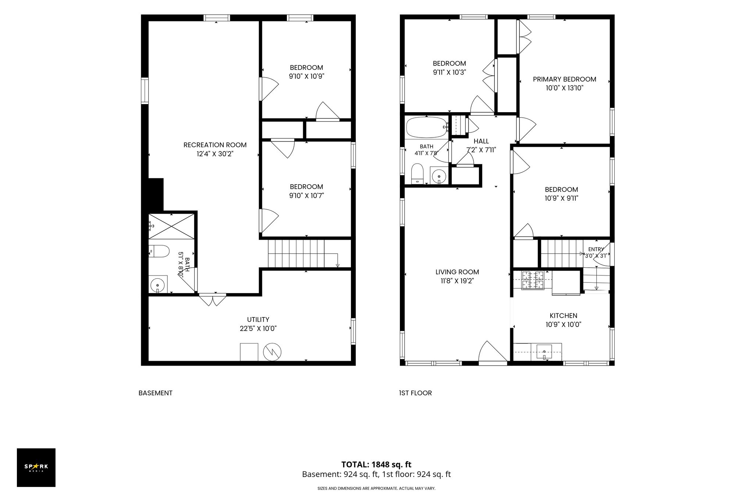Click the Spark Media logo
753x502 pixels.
[36, 467]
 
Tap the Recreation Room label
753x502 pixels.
[215, 145]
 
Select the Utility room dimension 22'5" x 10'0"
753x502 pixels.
[258, 328]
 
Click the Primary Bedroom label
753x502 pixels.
[564, 79]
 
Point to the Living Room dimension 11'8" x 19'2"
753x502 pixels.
[457, 281]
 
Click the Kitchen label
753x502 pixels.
[563, 316]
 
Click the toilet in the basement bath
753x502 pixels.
[159, 252]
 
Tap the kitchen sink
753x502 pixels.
[544, 352]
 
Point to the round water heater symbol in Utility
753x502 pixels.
[272, 352]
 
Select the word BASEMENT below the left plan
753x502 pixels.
[155, 393]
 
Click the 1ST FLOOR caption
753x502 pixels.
[415, 393]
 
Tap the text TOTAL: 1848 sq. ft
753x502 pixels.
[376, 464]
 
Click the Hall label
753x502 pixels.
[481, 141]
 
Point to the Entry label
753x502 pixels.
[596, 249]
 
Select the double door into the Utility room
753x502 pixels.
[213, 299]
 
